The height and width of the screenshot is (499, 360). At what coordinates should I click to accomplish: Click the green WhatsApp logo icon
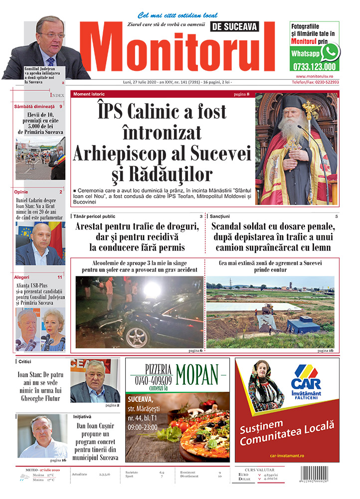(330, 52)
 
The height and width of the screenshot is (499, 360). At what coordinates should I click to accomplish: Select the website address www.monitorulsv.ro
(318, 76)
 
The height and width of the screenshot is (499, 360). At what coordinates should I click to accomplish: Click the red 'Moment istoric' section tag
(89, 94)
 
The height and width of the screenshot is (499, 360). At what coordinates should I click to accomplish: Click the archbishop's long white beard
(293, 133)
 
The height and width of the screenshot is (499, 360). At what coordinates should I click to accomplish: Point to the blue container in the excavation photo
(303, 327)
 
